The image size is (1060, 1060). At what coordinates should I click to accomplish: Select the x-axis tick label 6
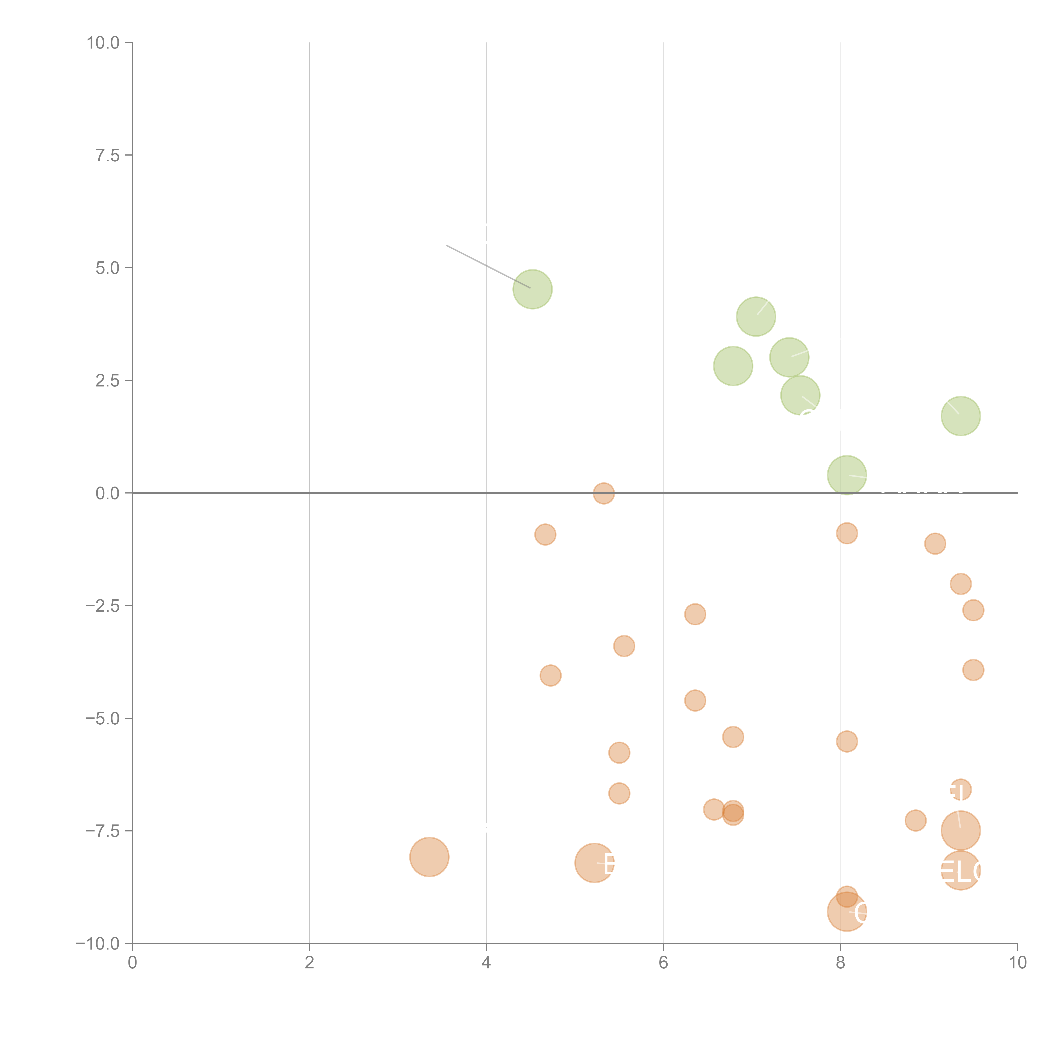[x=663, y=962]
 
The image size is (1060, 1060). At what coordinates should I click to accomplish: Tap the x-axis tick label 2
[x=310, y=962]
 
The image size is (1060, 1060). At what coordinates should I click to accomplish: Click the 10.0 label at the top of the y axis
[x=103, y=43]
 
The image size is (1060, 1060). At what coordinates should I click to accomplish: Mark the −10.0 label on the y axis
[x=98, y=944]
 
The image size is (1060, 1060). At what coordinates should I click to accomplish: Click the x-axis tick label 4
[x=486, y=962]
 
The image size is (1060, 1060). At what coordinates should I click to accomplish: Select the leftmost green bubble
[x=532, y=289]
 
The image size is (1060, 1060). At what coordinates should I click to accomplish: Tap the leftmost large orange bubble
[x=429, y=857]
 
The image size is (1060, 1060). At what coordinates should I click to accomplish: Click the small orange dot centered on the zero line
[x=604, y=493]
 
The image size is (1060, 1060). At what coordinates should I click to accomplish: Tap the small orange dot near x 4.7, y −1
[x=545, y=534]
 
